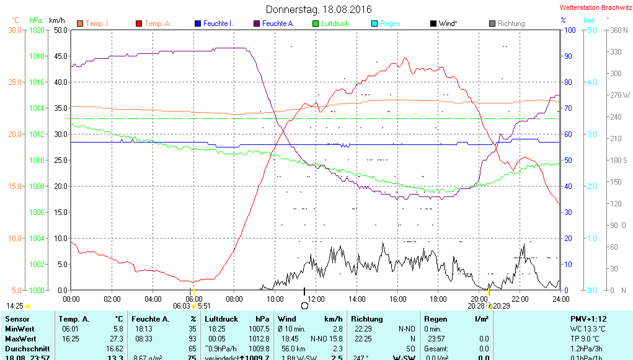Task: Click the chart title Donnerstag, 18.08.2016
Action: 319,9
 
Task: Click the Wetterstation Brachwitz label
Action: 593,8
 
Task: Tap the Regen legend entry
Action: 389,24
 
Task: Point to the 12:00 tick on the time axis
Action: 316,299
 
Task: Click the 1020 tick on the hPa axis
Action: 37,30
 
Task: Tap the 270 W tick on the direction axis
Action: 620,95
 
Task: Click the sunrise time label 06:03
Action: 182,305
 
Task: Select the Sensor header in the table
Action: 17,318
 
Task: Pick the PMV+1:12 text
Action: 589,318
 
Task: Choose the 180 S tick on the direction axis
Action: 620,160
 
